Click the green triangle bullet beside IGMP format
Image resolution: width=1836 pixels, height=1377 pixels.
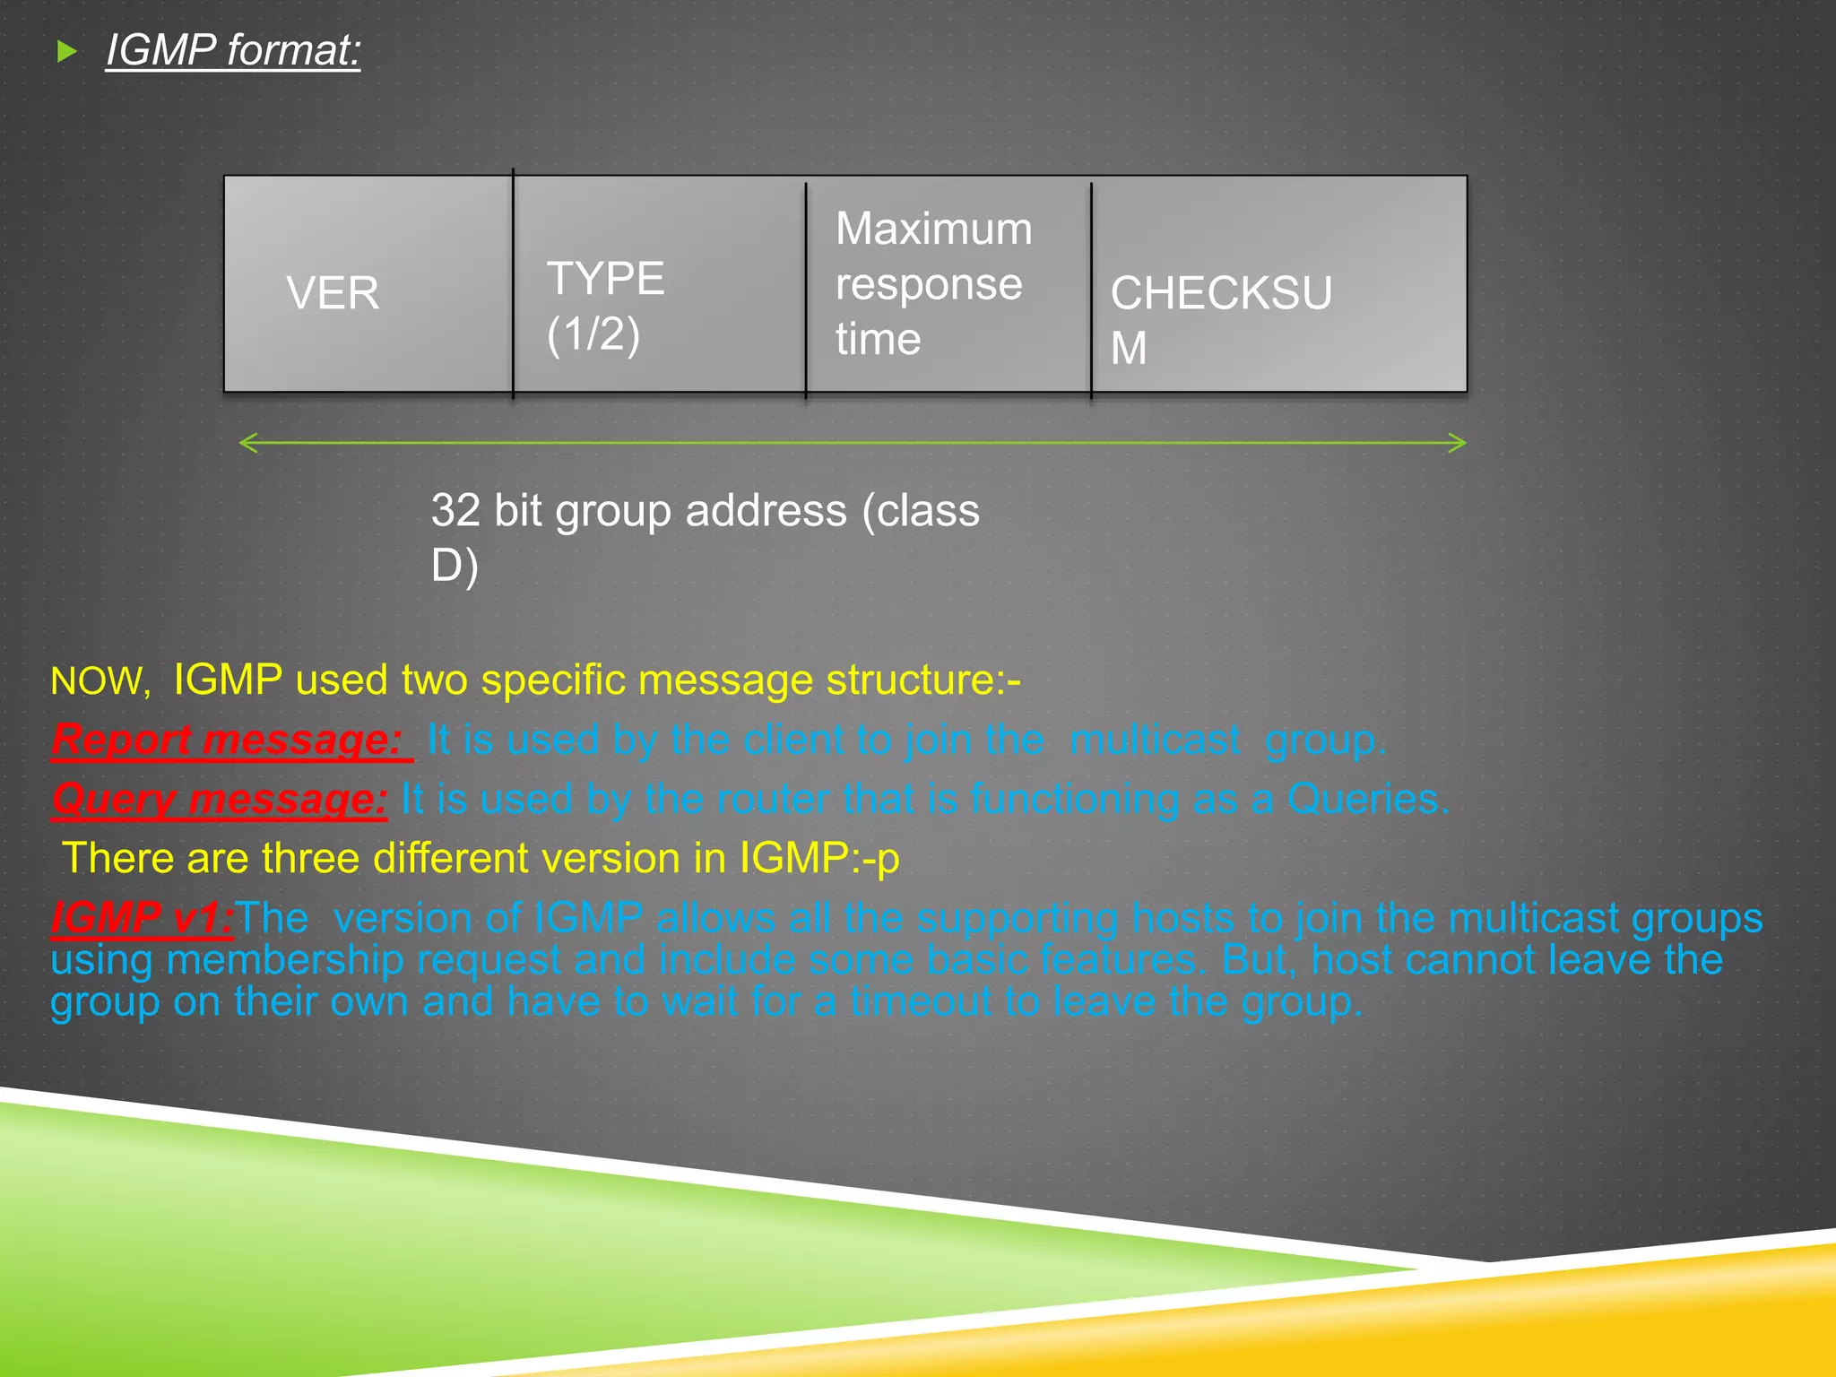pos(66,51)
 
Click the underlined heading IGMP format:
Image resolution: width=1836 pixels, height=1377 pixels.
pos(233,49)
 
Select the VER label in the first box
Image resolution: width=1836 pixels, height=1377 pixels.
pos(333,293)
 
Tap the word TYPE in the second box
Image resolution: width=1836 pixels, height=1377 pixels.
pos(606,278)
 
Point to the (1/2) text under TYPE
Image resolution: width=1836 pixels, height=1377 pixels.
pos(593,334)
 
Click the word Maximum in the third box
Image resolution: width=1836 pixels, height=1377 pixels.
pos(933,229)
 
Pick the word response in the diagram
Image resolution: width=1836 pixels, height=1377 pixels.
pos(929,284)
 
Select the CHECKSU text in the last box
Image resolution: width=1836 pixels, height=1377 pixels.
pos(1221,293)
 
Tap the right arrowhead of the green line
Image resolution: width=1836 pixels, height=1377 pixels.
pos(1458,443)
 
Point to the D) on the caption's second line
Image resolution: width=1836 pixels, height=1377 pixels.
pos(455,566)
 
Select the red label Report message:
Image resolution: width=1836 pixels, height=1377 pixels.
pos(228,740)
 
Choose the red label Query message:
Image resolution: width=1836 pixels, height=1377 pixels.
pos(220,799)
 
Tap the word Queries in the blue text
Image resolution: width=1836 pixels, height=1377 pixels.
pos(1367,799)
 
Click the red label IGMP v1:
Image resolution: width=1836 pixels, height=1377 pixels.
pos(141,917)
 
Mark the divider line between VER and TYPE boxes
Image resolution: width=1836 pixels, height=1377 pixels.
pos(513,283)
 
